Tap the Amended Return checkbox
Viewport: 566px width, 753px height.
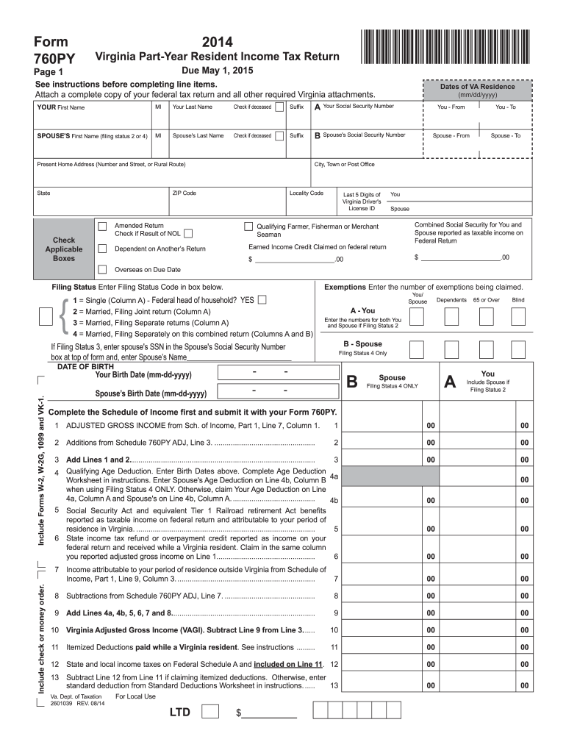pos(102,226)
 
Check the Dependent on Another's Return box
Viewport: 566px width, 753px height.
pos(102,249)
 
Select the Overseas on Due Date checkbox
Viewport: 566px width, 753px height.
pos(102,269)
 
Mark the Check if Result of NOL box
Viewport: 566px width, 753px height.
pos(188,234)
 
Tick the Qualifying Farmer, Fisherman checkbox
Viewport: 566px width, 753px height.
pos(248,226)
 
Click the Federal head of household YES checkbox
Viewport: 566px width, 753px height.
pos(262,300)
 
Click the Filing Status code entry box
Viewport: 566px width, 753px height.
pos(46,316)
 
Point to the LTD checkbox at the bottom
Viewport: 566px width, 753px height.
pos(209,711)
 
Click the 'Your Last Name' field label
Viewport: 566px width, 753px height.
pos(192,107)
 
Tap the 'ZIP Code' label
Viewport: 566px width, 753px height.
pos(184,193)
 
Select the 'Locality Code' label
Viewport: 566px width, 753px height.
pos(307,193)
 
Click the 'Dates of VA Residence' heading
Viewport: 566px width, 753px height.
pos(477,87)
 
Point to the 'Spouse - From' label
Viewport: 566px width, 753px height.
pos(451,136)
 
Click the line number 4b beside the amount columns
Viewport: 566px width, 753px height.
pos(334,500)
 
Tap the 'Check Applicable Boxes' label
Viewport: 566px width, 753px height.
pos(64,249)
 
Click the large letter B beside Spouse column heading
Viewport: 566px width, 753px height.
pos(352,382)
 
